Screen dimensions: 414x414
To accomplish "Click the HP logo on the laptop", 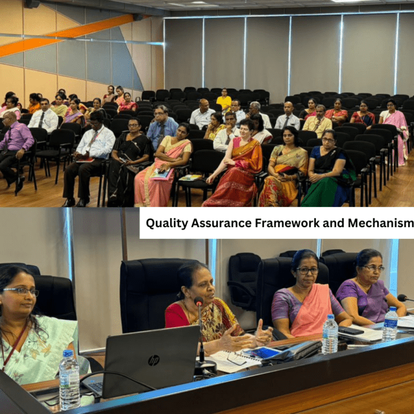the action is [x=154, y=360].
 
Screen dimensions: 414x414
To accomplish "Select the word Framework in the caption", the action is [x=287, y=223].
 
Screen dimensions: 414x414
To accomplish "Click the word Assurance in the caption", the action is [x=221, y=223].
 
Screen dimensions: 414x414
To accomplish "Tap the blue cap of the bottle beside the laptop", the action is [x=68, y=353].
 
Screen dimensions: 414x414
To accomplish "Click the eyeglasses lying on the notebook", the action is [x=236, y=358].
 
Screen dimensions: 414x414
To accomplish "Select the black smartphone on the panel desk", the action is [x=351, y=330].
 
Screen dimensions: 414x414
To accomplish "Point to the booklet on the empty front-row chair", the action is [x=190, y=177].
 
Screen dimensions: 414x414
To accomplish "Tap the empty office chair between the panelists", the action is [x=244, y=279].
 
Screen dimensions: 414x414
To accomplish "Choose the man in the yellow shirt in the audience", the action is [x=318, y=121].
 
